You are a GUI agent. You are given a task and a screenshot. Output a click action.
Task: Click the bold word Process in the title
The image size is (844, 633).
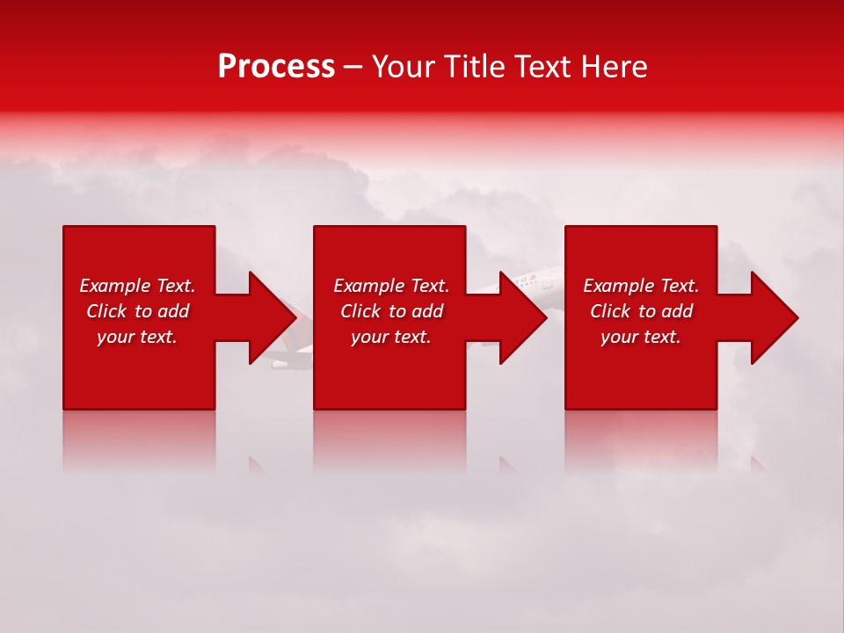pyautogui.click(x=276, y=67)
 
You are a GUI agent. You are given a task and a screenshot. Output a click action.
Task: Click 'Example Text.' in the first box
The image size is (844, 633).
pyautogui.click(x=137, y=286)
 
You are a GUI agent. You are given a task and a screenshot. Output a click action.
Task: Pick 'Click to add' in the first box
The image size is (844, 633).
pyautogui.click(x=137, y=311)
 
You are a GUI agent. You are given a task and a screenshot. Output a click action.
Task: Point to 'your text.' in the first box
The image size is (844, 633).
pyautogui.click(x=137, y=337)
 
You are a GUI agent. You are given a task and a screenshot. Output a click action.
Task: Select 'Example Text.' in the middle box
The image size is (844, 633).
pyautogui.click(x=391, y=286)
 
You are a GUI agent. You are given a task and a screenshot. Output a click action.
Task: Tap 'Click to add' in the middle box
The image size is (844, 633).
pyautogui.click(x=391, y=311)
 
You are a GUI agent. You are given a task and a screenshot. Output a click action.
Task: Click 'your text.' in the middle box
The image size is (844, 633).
pyautogui.click(x=391, y=337)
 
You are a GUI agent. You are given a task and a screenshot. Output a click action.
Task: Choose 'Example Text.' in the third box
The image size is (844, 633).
pyautogui.click(x=641, y=286)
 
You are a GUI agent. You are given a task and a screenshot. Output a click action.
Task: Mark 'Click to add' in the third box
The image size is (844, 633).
pyautogui.click(x=641, y=311)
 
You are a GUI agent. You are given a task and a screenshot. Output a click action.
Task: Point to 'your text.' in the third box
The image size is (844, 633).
pyautogui.click(x=641, y=337)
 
